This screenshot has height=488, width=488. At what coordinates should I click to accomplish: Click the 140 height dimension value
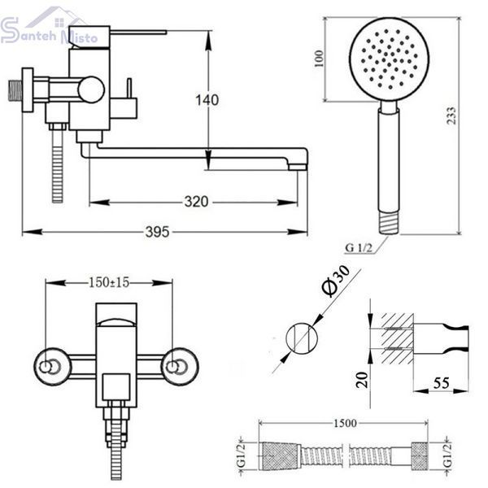(x=207, y=100)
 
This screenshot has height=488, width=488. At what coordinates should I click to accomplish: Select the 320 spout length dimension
(x=196, y=202)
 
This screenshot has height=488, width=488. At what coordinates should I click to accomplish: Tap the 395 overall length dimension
(x=158, y=232)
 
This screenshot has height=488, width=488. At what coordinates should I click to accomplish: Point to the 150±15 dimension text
(x=109, y=282)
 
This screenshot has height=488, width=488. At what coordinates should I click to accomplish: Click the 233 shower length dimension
(x=451, y=115)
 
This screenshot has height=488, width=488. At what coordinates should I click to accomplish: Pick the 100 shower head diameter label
(x=320, y=59)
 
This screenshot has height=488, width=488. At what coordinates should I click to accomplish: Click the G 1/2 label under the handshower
(x=359, y=248)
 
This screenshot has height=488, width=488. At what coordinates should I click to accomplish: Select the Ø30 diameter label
(x=335, y=281)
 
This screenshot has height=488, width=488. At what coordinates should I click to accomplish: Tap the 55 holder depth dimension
(x=442, y=383)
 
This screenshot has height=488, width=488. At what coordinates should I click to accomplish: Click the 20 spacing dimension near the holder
(x=362, y=380)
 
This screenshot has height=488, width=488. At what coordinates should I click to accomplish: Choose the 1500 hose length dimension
(x=345, y=423)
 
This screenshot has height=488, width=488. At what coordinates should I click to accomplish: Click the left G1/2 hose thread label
(x=242, y=455)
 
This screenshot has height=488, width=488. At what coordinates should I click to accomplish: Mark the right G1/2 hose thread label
(x=448, y=455)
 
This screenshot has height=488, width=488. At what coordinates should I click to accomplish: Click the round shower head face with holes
(x=389, y=59)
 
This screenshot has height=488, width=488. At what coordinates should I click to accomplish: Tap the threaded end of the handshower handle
(x=389, y=222)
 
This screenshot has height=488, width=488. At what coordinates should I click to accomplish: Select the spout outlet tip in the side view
(x=297, y=167)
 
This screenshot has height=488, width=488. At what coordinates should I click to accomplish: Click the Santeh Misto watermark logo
(x=48, y=28)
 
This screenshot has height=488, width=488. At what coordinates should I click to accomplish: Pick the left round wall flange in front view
(x=50, y=367)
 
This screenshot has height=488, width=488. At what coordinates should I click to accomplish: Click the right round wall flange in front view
(x=179, y=367)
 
